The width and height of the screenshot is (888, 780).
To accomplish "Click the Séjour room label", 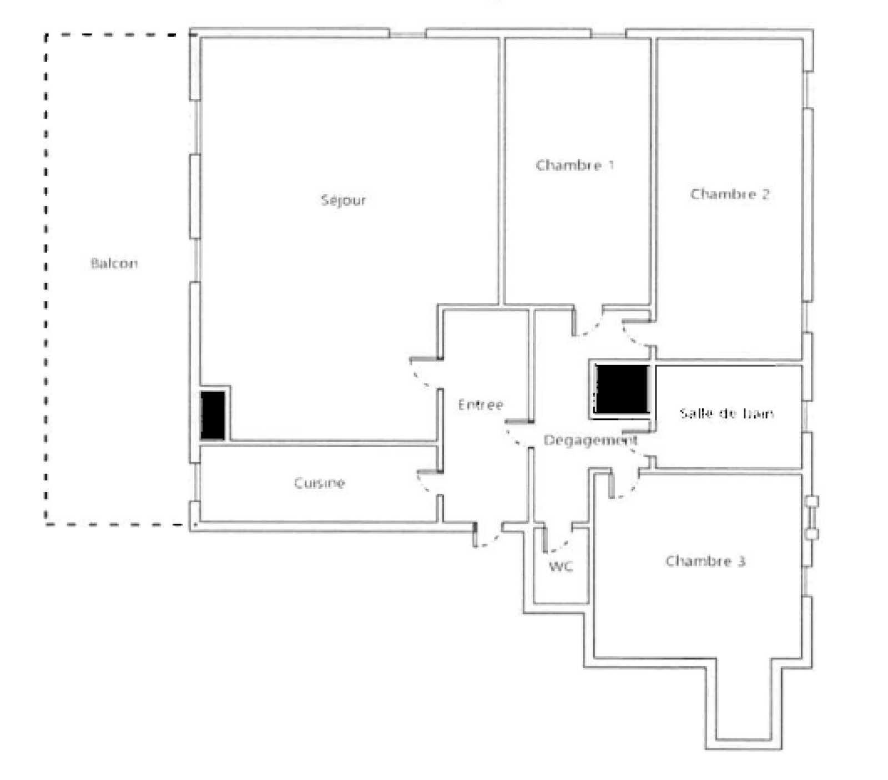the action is tap(344, 200).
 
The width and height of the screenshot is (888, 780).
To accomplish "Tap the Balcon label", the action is tap(114, 263).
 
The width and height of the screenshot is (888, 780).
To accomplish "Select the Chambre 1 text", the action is tap(575, 165).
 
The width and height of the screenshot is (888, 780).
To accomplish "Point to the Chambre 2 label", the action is tap(730, 194).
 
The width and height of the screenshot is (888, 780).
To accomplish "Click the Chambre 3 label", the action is tap(705, 561).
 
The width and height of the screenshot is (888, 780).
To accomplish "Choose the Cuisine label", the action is tap(319, 483).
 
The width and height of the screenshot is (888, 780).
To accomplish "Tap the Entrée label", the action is tap(481, 404).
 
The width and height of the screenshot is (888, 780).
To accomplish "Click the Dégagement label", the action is tap(590, 440).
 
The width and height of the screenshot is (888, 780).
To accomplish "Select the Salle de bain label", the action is tap(726, 413).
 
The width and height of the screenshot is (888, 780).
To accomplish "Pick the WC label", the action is tap(561, 566).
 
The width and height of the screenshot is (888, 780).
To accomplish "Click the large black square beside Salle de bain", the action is tap(622, 389).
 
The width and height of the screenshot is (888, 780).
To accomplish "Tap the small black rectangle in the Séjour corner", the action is tap(213, 416).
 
